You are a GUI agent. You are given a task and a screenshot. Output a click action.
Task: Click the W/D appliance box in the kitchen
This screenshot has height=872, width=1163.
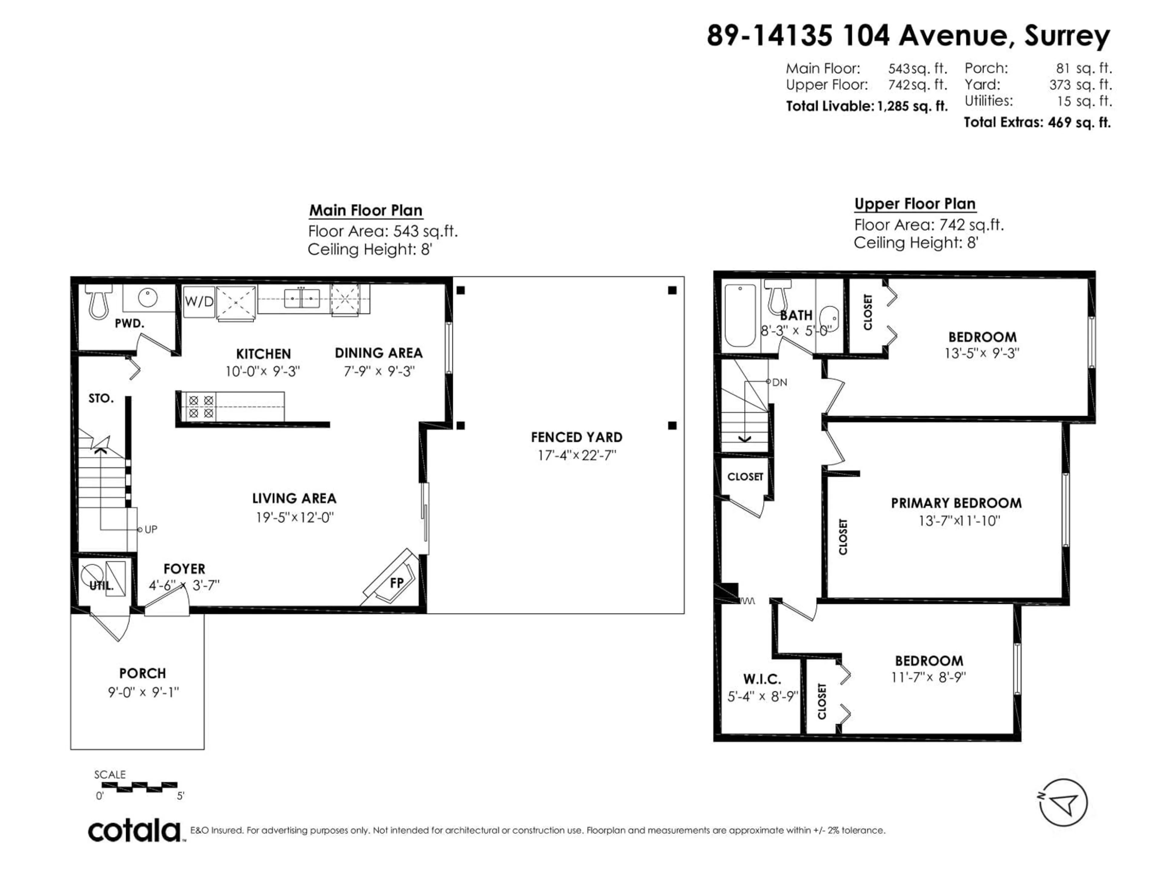pos(199,302)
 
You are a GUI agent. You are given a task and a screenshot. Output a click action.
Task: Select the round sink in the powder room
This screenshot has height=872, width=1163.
pos(148,298)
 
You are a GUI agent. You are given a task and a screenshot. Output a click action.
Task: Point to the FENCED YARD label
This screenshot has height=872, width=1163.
pos(576,437)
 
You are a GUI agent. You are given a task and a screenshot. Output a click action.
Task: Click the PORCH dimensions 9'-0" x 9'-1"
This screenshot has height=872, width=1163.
pos(143,692)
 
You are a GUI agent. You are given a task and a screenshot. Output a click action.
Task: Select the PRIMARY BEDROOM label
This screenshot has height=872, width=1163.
pos(956,503)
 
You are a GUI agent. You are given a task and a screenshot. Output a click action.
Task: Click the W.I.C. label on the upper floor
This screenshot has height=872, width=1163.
pos(762,679)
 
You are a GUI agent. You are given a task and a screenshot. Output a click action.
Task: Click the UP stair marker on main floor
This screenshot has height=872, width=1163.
pos(150,529)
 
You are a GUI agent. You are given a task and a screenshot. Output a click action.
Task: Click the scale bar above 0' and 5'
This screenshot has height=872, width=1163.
pos(139,787)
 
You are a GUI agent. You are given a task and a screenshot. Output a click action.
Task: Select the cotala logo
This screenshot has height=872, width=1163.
pos(134,831)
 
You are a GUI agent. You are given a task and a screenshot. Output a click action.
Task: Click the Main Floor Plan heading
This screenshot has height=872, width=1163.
pos(366,210)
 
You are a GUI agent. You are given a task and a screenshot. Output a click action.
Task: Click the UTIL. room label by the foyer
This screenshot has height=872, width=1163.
pos(101,586)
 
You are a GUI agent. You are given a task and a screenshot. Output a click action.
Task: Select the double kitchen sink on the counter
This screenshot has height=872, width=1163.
pos(302,299)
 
